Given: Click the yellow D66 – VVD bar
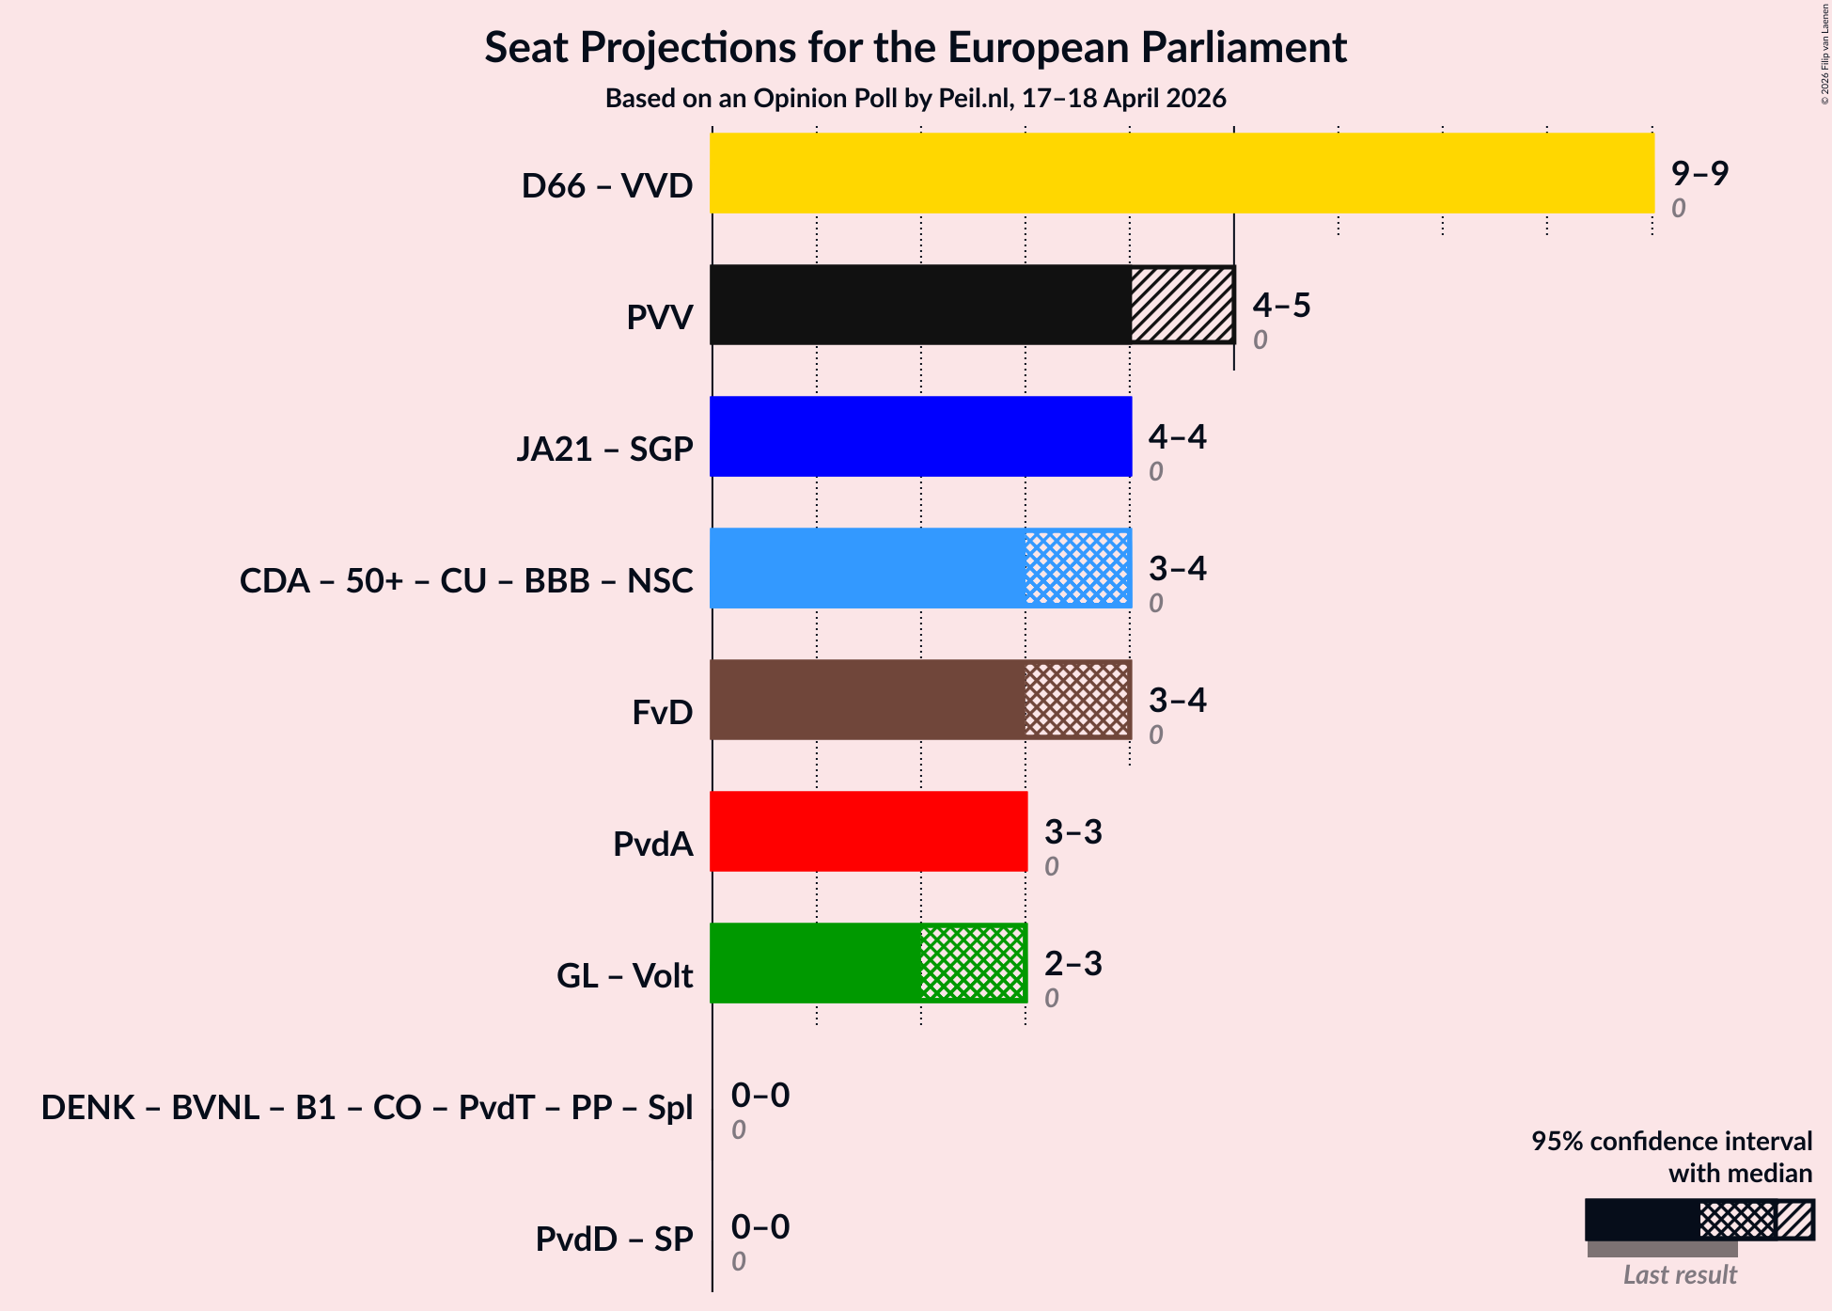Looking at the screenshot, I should pyautogui.click(x=1182, y=173).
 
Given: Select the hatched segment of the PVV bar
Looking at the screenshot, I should pyautogui.click(x=1182, y=305).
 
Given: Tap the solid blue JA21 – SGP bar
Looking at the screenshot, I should pyautogui.click(x=921, y=436).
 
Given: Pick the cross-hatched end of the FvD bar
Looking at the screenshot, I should pyautogui.click(x=1077, y=700).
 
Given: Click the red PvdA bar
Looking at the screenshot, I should pyautogui.click(x=869, y=831).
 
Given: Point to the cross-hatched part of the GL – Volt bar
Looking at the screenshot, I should pyautogui.click(x=973, y=963).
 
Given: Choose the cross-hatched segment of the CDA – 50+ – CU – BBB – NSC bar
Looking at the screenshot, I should pyautogui.click(x=1077, y=568).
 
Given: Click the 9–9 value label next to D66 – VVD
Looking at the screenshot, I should pyautogui.click(x=1699, y=173).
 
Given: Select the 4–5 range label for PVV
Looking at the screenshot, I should pyautogui.click(x=1281, y=305).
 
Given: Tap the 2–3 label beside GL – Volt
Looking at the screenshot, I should pyautogui.click(x=1073, y=963).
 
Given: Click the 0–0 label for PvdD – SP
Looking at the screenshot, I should pyautogui.click(x=760, y=1226).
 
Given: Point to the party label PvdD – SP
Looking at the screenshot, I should pyautogui.click(x=614, y=1239).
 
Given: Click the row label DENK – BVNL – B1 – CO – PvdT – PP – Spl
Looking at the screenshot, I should pyautogui.click(x=367, y=1107).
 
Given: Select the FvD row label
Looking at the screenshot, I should pyautogui.click(x=662, y=712).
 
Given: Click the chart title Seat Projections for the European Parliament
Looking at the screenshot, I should pyautogui.click(x=916, y=47).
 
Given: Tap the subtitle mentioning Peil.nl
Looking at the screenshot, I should pyautogui.click(x=916, y=98).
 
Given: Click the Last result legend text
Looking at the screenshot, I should pyautogui.click(x=1680, y=1274).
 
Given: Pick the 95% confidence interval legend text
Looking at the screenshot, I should pyautogui.click(x=1671, y=1157).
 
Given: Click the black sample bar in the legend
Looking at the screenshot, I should pyautogui.click(x=1641, y=1220).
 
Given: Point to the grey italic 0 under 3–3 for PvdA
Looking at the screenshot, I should pyautogui.click(x=1051, y=866).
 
